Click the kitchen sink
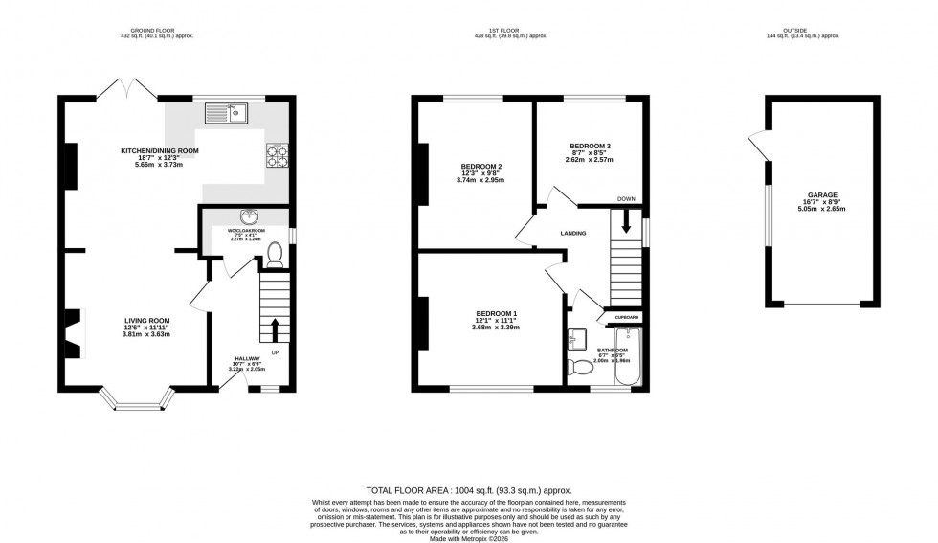(230, 115)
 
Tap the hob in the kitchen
(278, 154)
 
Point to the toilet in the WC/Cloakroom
(274, 254)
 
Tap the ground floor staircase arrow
(276, 328)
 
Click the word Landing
(573, 233)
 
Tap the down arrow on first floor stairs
(626, 221)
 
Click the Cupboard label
(627, 317)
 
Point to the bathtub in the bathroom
(628, 356)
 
